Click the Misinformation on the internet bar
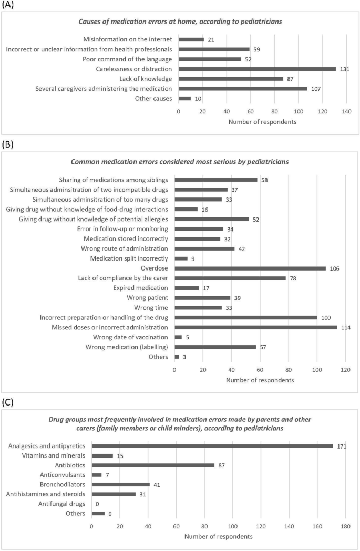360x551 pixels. point(191,39)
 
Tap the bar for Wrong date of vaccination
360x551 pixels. point(178,337)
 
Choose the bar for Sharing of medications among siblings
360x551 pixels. point(216,180)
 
